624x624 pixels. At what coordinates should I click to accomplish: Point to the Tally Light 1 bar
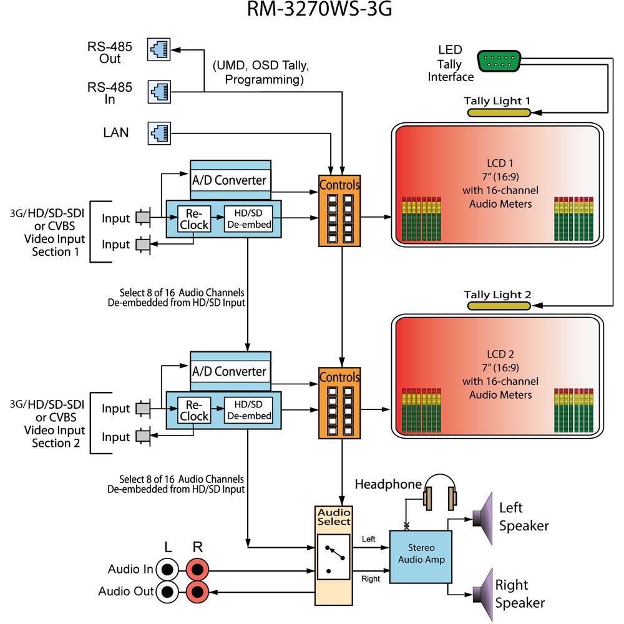point(499,112)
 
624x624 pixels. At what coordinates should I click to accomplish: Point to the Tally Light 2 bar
point(499,306)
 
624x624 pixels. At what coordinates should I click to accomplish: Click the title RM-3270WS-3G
point(312,11)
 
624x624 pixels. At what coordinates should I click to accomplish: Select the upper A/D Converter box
point(231,180)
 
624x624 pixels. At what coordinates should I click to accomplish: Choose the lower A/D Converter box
point(231,371)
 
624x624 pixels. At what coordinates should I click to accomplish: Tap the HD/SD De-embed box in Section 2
point(248,410)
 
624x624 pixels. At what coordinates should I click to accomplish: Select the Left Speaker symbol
point(484,518)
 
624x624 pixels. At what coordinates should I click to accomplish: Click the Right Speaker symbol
point(484,588)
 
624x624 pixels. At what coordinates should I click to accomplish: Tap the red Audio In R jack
point(198,569)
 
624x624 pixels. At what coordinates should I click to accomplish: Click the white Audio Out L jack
point(167,590)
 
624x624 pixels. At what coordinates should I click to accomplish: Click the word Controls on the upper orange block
point(339,185)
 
